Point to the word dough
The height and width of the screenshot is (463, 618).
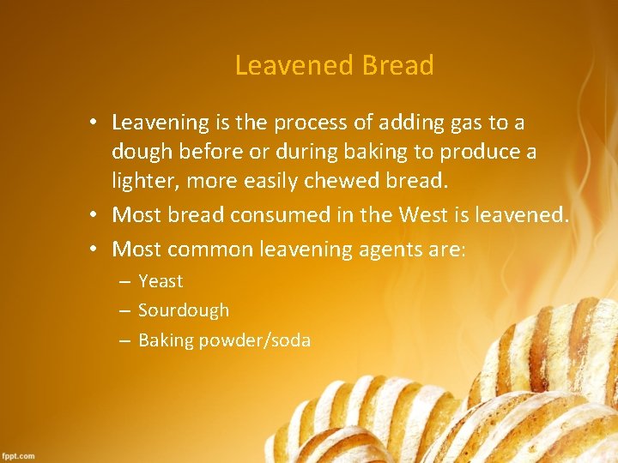[140, 152]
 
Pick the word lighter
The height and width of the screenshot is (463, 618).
[142, 182]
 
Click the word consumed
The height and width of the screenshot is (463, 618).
[270, 213]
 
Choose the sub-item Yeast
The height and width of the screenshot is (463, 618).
[161, 281]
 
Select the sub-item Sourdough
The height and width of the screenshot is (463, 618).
[184, 310]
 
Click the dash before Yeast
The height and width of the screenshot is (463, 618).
[124, 281]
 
